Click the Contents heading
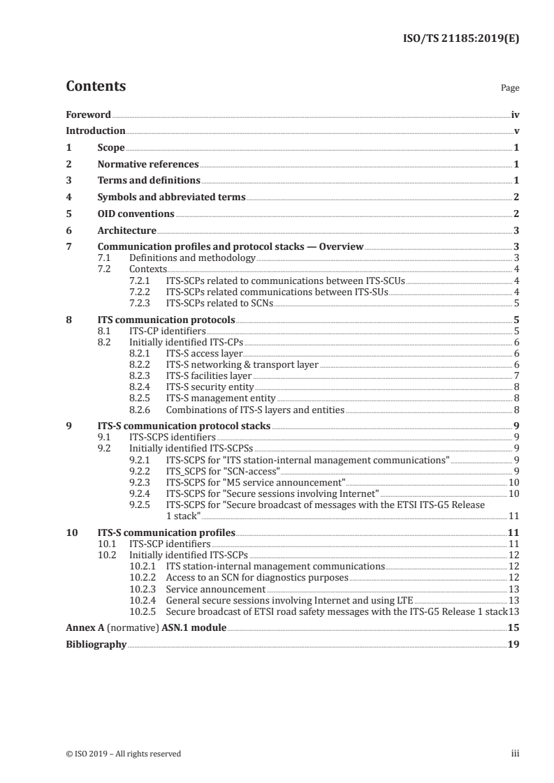pos(96,87)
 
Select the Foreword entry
pos(88,114)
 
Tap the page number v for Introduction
pos(516,131)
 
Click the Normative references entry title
pos(148,165)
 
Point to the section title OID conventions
pos(136,214)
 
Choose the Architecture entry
pos(126,230)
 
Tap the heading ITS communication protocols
pos(166,320)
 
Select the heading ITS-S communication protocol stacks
pos(184,425)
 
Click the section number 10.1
pos(106,543)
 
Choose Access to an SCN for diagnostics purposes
pos(256,578)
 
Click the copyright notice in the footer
pos(123,754)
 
